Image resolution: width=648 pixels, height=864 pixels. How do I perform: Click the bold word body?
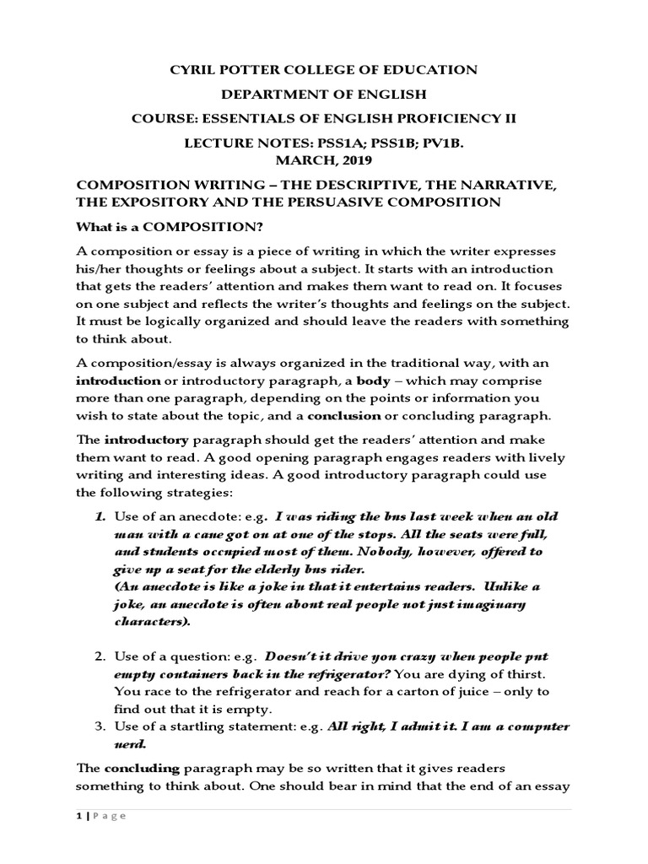coord(373,381)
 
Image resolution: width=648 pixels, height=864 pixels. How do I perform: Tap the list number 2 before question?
coord(99,656)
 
